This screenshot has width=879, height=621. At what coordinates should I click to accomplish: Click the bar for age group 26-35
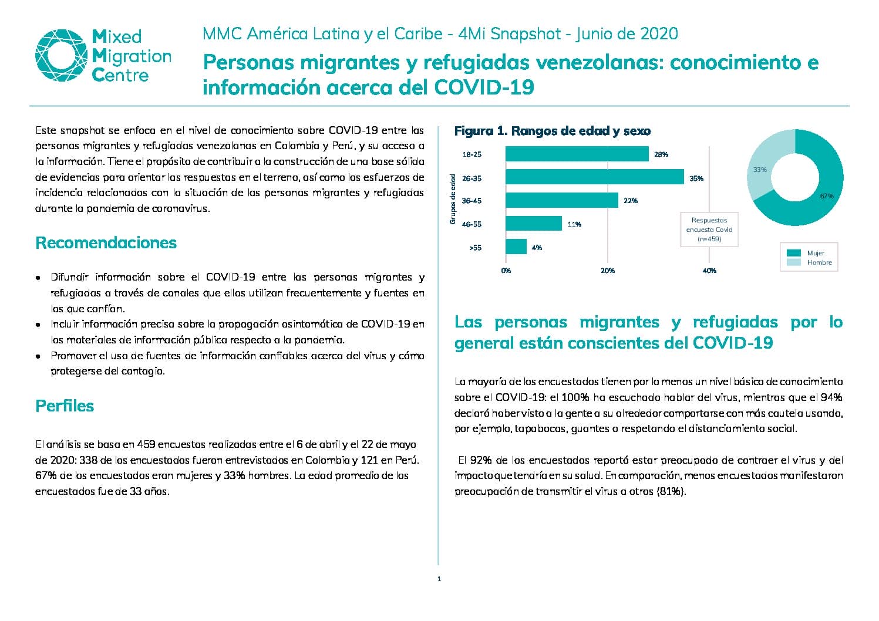[x=594, y=177]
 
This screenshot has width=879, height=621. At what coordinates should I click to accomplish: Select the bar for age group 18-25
[x=577, y=154]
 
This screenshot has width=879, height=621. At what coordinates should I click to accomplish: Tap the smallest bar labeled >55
[x=516, y=247]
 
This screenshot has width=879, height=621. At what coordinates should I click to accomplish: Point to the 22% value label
[x=631, y=201]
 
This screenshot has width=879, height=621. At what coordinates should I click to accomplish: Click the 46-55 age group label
[x=472, y=224]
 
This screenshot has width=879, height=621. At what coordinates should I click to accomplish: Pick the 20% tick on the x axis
[x=608, y=271]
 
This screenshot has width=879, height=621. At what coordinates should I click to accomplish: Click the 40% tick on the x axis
[x=709, y=271]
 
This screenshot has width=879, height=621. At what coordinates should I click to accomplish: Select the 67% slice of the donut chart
[x=824, y=196]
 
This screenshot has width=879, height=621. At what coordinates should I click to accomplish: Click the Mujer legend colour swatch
[x=794, y=254]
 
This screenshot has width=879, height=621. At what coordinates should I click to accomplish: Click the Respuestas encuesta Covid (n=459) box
[x=709, y=230]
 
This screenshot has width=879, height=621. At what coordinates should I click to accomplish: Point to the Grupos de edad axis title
[x=453, y=200]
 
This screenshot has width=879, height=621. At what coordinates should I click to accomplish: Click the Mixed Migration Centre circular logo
[x=61, y=55]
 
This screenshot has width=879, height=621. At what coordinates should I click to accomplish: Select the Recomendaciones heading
[x=106, y=243]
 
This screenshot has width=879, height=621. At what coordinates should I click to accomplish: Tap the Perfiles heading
[x=65, y=406]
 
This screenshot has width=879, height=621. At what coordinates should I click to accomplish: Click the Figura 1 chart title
[x=553, y=131]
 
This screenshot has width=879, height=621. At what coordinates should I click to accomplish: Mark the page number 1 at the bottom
[x=439, y=579]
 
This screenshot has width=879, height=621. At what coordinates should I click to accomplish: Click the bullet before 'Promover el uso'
[x=38, y=357]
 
